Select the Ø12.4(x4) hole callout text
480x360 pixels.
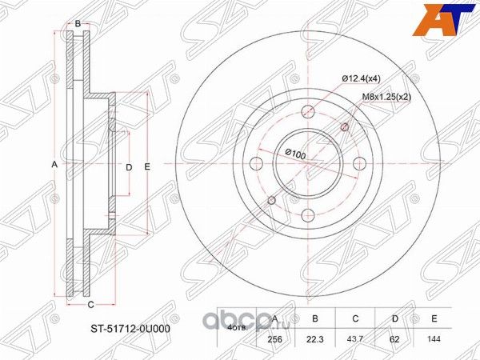pyautogui.click(x=362, y=78)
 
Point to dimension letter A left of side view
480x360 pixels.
pyautogui.click(x=54, y=164)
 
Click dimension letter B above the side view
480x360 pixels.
pyautogui.click(x=78, y=23)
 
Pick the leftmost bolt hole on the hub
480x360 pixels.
pyautogui.click(x=257, y=165)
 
